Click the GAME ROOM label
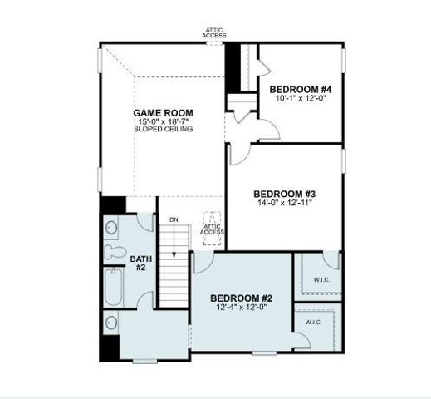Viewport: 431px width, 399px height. (164, 113)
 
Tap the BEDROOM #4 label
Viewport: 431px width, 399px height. (301, 89)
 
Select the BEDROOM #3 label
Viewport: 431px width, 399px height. (285, 194)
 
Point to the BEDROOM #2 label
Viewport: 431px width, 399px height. (241, 298)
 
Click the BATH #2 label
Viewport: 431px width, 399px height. (140, 264)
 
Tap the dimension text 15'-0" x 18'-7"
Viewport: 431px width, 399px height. (164, 121)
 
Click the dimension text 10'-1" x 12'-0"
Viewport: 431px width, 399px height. (301, 97)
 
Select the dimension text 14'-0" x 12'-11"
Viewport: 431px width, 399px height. (285, 202)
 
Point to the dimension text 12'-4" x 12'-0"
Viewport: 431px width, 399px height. (241, 307)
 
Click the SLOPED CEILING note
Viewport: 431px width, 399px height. (164, 130)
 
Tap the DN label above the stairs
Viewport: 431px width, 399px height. (174, 219)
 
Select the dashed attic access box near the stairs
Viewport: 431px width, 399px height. (213, 226)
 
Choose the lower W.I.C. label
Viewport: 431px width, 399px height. (313, 322)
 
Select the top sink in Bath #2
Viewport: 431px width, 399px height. (111, 226)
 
